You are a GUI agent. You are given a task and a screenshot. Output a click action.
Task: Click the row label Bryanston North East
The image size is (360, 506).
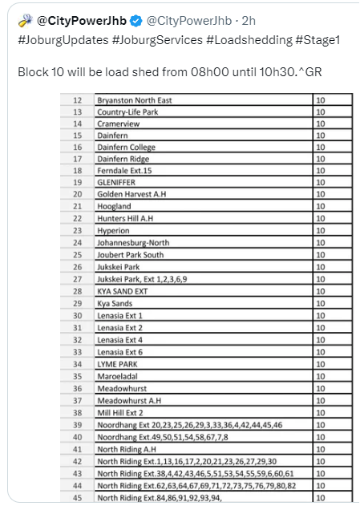pos(134,100)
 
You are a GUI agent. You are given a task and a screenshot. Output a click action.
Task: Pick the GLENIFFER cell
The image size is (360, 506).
pos(118,183)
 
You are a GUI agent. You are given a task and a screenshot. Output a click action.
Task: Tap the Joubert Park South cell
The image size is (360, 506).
pos(130,254)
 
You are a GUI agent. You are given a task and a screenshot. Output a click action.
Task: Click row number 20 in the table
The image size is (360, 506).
pos(78,195)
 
